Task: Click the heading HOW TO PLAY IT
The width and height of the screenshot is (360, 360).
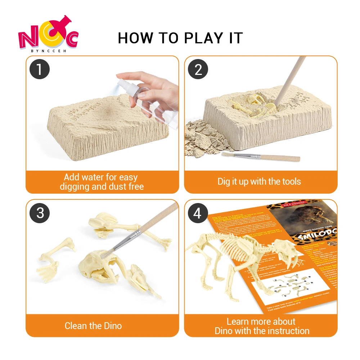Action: pyautogui.click(x=180, y=38)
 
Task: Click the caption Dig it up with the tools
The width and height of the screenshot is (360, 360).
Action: pyautogui.click(x=259, y=181)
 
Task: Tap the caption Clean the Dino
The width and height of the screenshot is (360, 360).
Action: pyautogui.click(x=93, y=326)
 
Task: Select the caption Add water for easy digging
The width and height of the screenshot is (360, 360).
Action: pyautogui.click(x=101, y=181)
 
